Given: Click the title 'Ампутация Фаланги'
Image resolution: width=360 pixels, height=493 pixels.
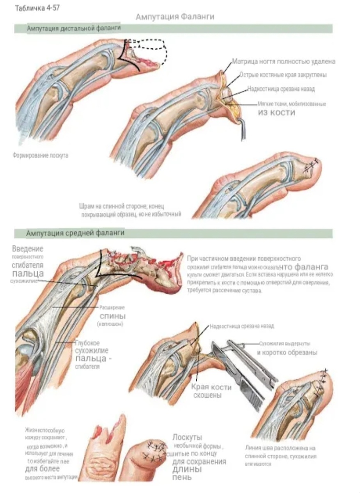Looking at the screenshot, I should tap(175, 16).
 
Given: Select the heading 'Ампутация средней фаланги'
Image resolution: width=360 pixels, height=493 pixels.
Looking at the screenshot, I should tap(75, 233).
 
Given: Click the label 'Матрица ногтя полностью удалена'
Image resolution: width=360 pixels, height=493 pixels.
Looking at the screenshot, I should tap(284, 61).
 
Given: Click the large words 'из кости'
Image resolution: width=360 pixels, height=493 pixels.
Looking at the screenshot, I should tap(276, 112).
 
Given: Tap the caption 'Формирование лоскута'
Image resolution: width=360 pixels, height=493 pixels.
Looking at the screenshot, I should tap(40, 155).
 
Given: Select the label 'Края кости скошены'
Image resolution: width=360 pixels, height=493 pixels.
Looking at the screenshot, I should tap(211, 391).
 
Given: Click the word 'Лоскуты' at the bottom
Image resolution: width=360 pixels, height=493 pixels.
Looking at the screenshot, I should tap(187, 437).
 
